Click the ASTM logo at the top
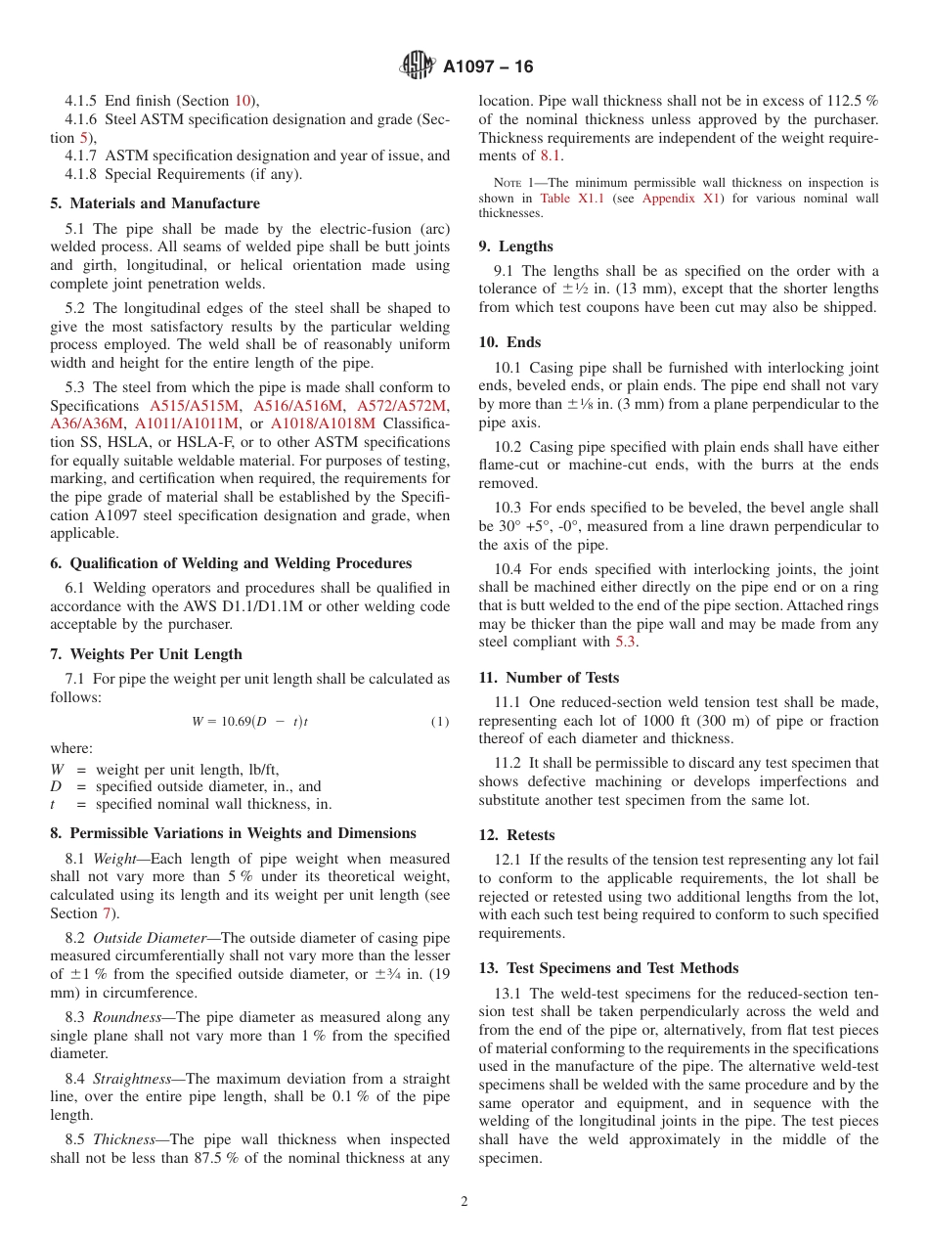pos(418,66)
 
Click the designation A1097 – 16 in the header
pos(488,67)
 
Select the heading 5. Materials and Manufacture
pos(155,203)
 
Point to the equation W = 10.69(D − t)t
pos(250,722)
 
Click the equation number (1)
pos(440,722)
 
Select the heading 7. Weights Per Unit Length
pos(146,653)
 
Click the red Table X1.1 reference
pos(569,199)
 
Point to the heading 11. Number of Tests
pos(549,677)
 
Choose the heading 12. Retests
pos(516,835)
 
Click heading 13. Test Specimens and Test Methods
pos(608,967)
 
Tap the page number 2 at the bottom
pos(464,1202)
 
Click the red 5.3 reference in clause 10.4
pos(626,642)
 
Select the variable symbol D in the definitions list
pos(56,786)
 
